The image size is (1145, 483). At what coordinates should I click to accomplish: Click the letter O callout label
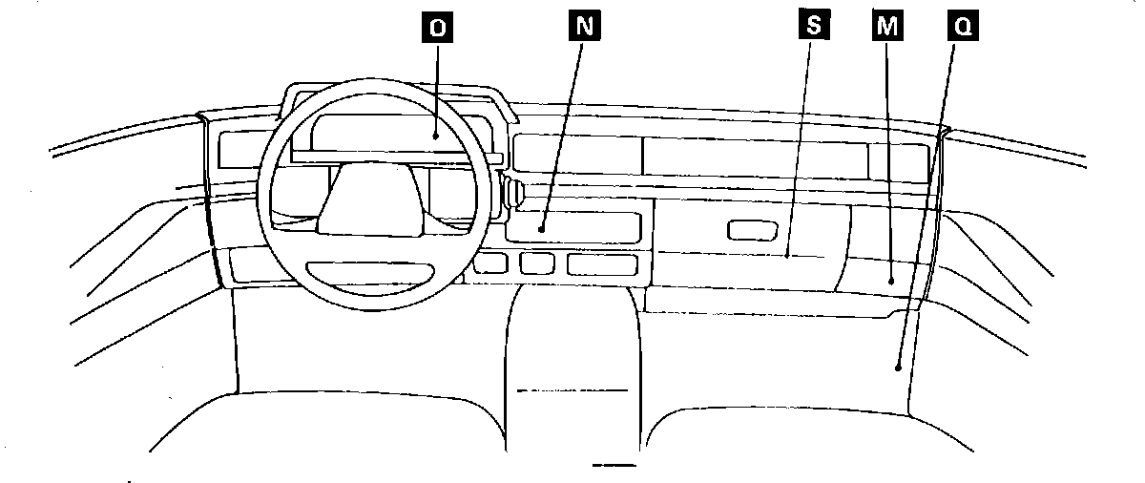[x=437, y=28]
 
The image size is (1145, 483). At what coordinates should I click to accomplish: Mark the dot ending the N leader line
[x=540, y=229]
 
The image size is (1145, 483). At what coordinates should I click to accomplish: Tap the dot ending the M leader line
[x=891, y=281]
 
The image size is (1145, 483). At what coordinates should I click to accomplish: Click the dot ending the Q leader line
[x=899, y=366]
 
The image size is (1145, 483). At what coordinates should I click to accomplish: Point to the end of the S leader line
[x=787, y=256]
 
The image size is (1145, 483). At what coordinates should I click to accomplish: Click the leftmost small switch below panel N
[x=490, y=263]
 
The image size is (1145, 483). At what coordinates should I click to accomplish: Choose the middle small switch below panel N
[x=537, y=263]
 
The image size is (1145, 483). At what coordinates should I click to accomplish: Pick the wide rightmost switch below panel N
[x=601, y=263]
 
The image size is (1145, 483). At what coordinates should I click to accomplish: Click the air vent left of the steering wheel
[x=239, y=151]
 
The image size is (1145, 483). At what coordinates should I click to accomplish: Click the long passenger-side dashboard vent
[x=754, y=153]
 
